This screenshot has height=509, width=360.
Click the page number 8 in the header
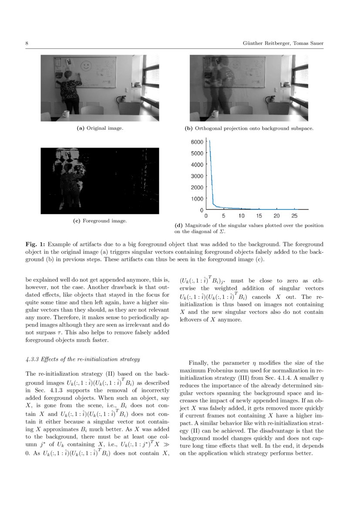(x=27, y=44)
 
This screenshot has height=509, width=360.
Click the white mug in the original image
(x=65, y=114)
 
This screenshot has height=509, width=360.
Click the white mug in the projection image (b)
(x=215, y=114)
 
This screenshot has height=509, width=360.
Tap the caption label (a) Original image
(x=100, y=128)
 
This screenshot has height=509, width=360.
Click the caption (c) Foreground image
(x=100, y=221)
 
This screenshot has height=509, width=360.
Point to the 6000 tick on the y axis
(x=197, y=142)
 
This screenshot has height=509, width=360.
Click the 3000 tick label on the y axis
(x=197, y=176)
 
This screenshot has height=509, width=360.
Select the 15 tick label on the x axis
(x=259, y=216)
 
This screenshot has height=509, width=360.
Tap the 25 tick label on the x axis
(x=294, y=216)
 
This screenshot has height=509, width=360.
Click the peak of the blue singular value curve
(x=209, y=141)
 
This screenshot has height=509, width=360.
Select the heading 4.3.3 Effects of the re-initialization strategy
(x=83, y=359)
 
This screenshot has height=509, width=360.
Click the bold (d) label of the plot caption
(x=178, y=226)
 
